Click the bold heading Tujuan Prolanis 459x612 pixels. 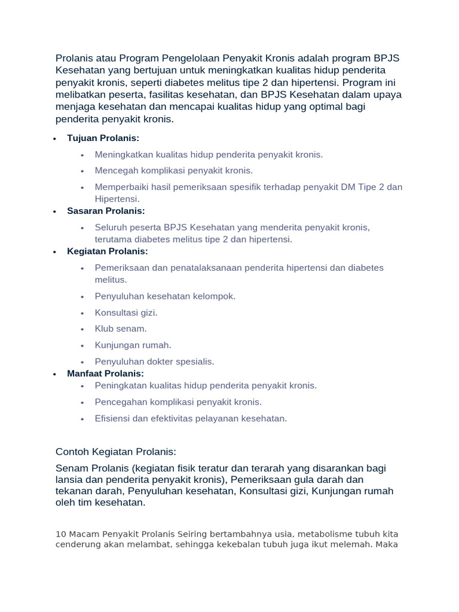pos(103,138)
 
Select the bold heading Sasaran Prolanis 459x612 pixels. pos(106,211)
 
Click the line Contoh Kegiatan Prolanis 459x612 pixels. pos(116,451)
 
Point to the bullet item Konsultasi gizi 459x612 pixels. pos(126,313)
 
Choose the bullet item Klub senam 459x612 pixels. pos(121,329)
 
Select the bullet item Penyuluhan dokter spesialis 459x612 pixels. pos(154,361)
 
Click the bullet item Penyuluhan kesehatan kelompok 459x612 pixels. pos(165,296)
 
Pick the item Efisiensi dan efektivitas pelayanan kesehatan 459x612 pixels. pos(191,418)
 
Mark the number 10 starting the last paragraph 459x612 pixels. pos(60,534)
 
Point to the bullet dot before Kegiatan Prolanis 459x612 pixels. pos(54,252)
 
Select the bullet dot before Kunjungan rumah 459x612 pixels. pos(82,345)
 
